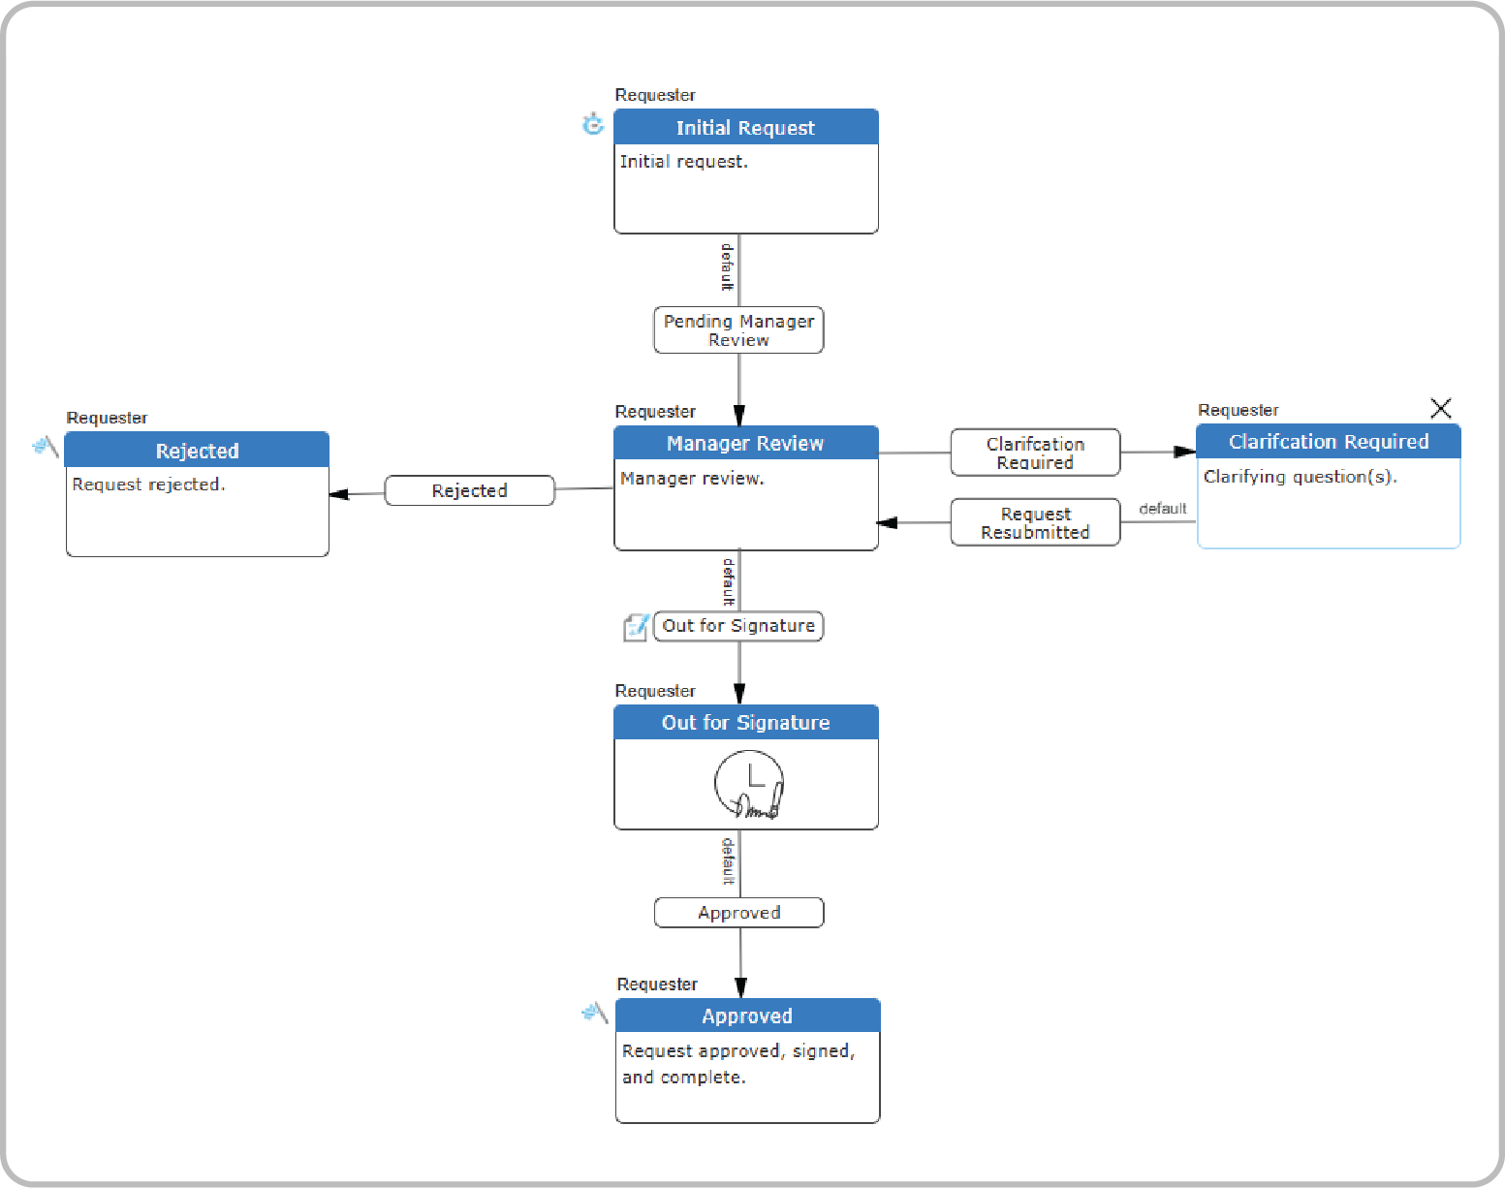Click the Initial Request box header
click(745, 127)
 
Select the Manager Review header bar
click(745, 443)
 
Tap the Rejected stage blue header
click(197, 451)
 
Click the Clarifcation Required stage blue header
click(1328, 442)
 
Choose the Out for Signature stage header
click(745, 723)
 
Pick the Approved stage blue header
click(747, 1016)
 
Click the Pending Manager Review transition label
click(738, 330)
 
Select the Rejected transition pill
click(469, 490)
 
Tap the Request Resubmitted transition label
click(1035, 523)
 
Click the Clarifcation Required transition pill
click(1035, 453)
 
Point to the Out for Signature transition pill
click(738, 626)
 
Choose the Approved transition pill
click(738, 913)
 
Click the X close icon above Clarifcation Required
click(1441, 408)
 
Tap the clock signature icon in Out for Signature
click(748, 785)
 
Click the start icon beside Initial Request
click(593, 124)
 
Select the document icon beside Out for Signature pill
click(636, 627)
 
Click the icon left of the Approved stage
click(594, 1013)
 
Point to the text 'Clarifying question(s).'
click(1300, 477)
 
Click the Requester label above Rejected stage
click(107, 418)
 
